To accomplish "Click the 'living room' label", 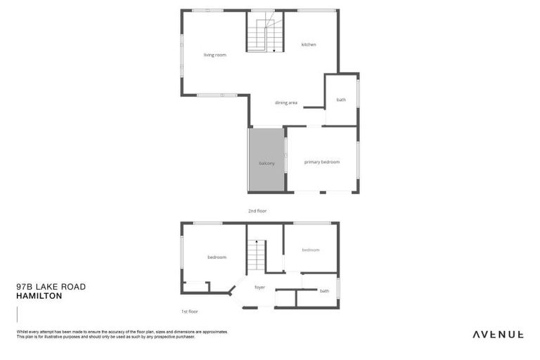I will click(x=214, y=55).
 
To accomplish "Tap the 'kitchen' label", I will click(x=309, y=45).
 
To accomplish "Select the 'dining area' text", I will click(x=286, y=103).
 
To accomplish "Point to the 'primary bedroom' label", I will click(x=322, y=162).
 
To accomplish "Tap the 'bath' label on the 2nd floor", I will click(x=341, y=100).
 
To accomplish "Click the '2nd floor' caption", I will click(x=257, y=211).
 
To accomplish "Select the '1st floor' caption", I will click(x=189, y=311).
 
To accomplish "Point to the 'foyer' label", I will click(x=259, y=288).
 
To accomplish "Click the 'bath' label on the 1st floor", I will click(x=324, y=291).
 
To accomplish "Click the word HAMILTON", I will click(x=39, y=296).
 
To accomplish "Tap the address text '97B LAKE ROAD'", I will click(x=51, y=287).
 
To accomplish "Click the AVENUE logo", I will click(x=497, y=334).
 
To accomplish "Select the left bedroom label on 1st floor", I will click(x=217, y=257).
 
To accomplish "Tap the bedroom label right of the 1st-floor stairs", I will click(x=311, y=250).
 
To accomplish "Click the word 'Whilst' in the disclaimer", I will click(x=21, y=332).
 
